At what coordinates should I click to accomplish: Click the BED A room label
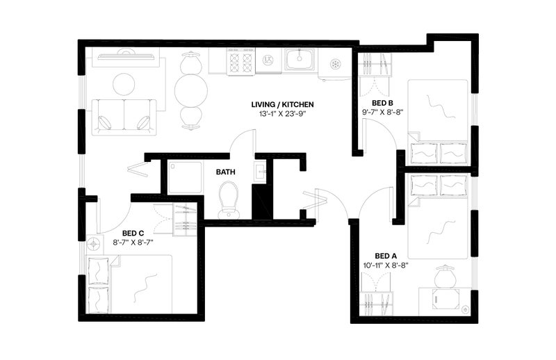[386, 256]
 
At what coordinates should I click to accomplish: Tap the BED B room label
[382, 104]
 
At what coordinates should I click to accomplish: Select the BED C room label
[133, 233]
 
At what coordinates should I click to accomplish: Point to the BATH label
[225, 172]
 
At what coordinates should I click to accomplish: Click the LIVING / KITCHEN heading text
[283, 105]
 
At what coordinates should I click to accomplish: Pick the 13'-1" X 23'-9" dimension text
[283, 114]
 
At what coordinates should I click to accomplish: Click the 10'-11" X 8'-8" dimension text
[386, 265]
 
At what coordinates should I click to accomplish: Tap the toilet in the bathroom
[229, 200]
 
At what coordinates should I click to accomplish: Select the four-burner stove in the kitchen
[241, 62]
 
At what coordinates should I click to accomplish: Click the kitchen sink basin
[300, 59]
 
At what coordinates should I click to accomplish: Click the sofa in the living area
[124, 117]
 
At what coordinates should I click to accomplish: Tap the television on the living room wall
[126, 55]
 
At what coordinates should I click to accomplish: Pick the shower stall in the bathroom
[186, 177]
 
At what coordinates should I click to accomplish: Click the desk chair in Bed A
[445, 277]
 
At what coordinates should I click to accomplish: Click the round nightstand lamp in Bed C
[94, 244]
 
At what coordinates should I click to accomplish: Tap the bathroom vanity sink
[262, 172]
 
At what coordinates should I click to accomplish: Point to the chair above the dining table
[191, 63]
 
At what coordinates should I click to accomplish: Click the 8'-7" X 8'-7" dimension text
[133, 243]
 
